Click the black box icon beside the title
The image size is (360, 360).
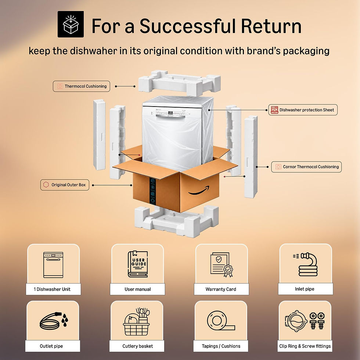click(x=71, y=24)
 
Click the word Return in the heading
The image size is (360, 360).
click(x=271, y=26)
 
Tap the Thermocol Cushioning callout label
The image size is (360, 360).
click(x=82, y=86)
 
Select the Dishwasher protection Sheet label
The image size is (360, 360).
click(x=303, y=110)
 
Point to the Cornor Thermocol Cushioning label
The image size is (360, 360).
click(x=306, y=167)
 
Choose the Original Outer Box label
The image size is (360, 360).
click(x=65, y=185)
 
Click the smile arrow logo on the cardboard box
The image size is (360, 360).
click(x=199, y=191)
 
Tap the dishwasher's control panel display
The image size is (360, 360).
click(x=170, y=113)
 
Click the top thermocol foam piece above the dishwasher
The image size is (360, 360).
click(x=180, y=83)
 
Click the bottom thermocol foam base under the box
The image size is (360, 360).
click(x=176, y=221)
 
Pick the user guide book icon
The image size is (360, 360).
click(x=138, y=264)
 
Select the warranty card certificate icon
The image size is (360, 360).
click(x=221, y=265)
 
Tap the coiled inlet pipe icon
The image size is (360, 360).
click(x=306, y=264)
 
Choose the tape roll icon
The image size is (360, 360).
click(x=221, y=320)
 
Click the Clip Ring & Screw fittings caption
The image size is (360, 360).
click(x=305, y=346)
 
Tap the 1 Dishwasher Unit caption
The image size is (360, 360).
click(x=52, y=289)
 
